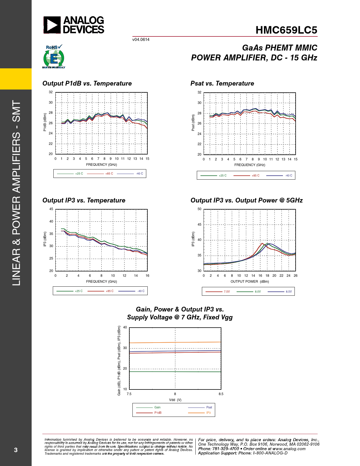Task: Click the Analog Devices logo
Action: (x=74, y=25)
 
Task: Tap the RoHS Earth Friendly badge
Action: (x=54, y=57)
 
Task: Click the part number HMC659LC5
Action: (x=286, y=30)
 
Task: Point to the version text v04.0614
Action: (x=141, y=40)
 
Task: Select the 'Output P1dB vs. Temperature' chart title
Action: (x=87, y=84)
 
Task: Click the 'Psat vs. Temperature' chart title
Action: (x=222, y=84)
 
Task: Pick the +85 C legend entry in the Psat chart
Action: (x=255, y=176)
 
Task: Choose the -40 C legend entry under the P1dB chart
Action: (x=139, y=174)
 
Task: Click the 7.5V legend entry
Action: (x=227, y=292)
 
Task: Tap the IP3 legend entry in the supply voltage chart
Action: (x=208, y=413)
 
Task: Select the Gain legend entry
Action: (x=157, y=407)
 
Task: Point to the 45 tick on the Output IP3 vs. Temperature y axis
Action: (x=51, y=209)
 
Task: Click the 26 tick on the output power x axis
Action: (x=295, y=276)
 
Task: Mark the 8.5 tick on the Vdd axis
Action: (x=221, y=394)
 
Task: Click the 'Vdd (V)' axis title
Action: (x=175, y=400)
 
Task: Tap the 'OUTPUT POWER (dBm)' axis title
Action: (x=250, y=282)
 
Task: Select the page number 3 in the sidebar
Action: (x=16, y=450)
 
